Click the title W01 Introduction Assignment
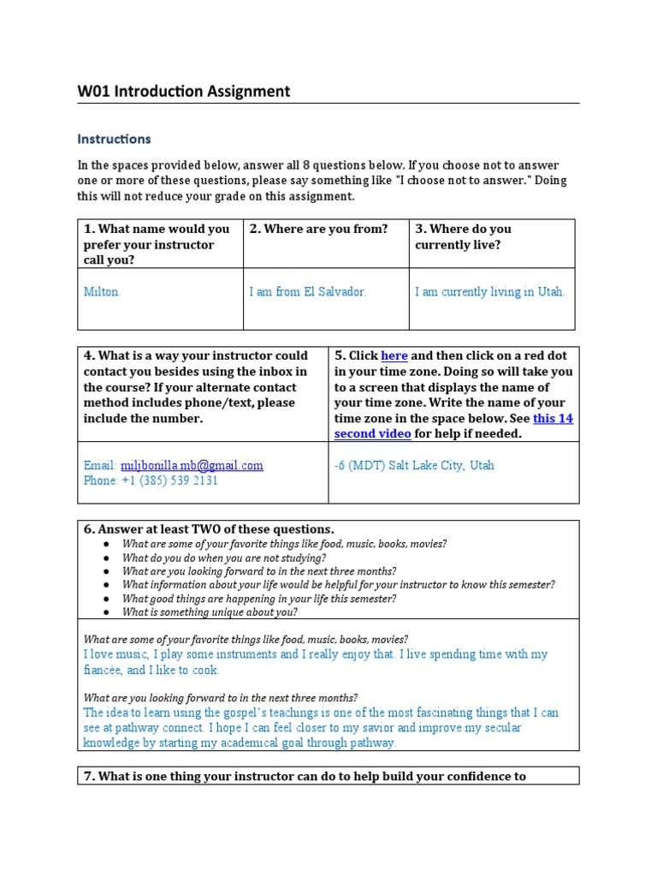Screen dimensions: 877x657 click(x=183, y=91)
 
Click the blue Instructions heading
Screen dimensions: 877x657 click(x=114, y=139)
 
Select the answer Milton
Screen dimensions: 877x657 click(x=102, y=292)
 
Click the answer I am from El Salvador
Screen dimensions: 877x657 click(x=307, y=292)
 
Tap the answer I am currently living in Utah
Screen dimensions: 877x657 click(x=489, y=292)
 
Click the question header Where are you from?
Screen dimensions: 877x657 click(x=318, y=229)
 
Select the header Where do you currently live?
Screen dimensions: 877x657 click(x=463, y=236)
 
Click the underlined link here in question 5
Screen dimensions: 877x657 click(x=394, y=355)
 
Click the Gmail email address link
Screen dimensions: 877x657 click(x=192, y=465)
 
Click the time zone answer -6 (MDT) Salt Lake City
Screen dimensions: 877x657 click(x=414, y=465)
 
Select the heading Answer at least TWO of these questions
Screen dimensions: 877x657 click(x=208, y=528)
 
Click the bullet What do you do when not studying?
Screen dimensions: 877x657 click(x=223, y=558)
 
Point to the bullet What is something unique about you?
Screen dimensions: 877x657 click(x=210, y=612)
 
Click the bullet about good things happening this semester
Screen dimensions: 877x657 click(x=258, y=599)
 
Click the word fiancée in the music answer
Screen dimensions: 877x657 click(x=103, y=670)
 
